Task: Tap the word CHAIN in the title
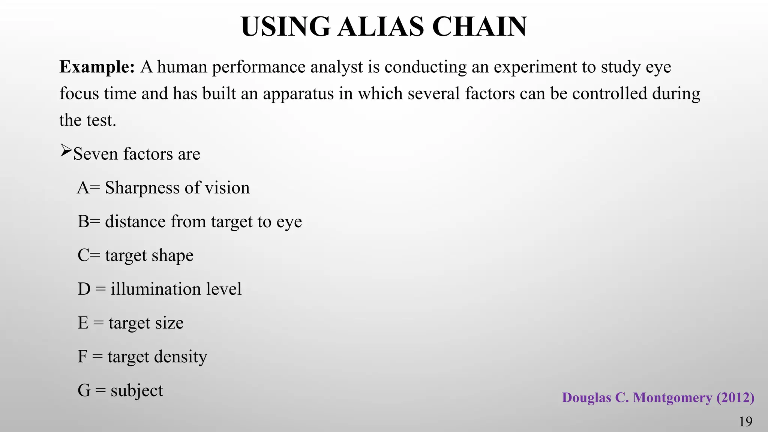pos(480,27)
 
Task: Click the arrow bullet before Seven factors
pos(66,151)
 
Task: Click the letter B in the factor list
pos(83,222)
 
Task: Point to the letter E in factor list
pos(83,323)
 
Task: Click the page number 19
pos(745,422)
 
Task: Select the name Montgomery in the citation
pos(672,398)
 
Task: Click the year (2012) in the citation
pos(735,398)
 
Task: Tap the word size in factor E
pos(171,323)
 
